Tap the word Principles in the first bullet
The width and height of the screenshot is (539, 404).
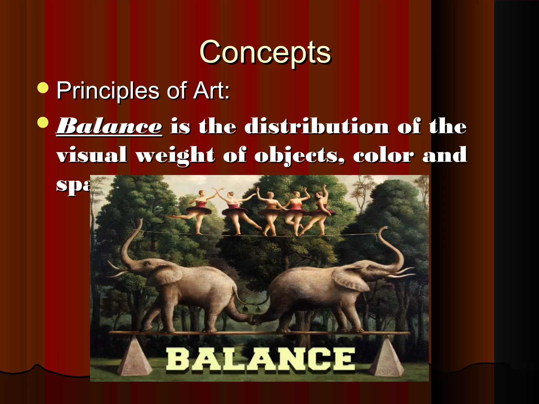(108, 90)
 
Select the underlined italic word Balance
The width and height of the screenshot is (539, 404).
(109, 127)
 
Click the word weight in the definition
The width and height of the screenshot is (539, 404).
(175, 155)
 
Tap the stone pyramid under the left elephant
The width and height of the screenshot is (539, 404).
(134, 356)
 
